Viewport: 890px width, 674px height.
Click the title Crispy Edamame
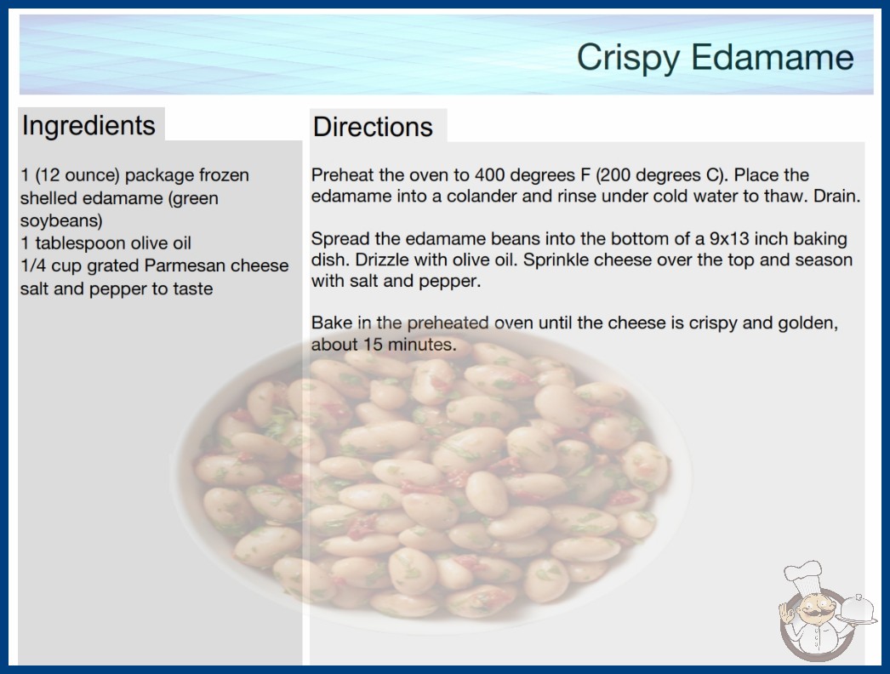pos(716,58)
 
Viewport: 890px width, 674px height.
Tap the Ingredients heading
pos(88,125)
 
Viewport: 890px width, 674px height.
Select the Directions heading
pos(373,126)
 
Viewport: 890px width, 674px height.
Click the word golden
pos(807,323)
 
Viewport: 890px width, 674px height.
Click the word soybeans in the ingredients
pos(61,220)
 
